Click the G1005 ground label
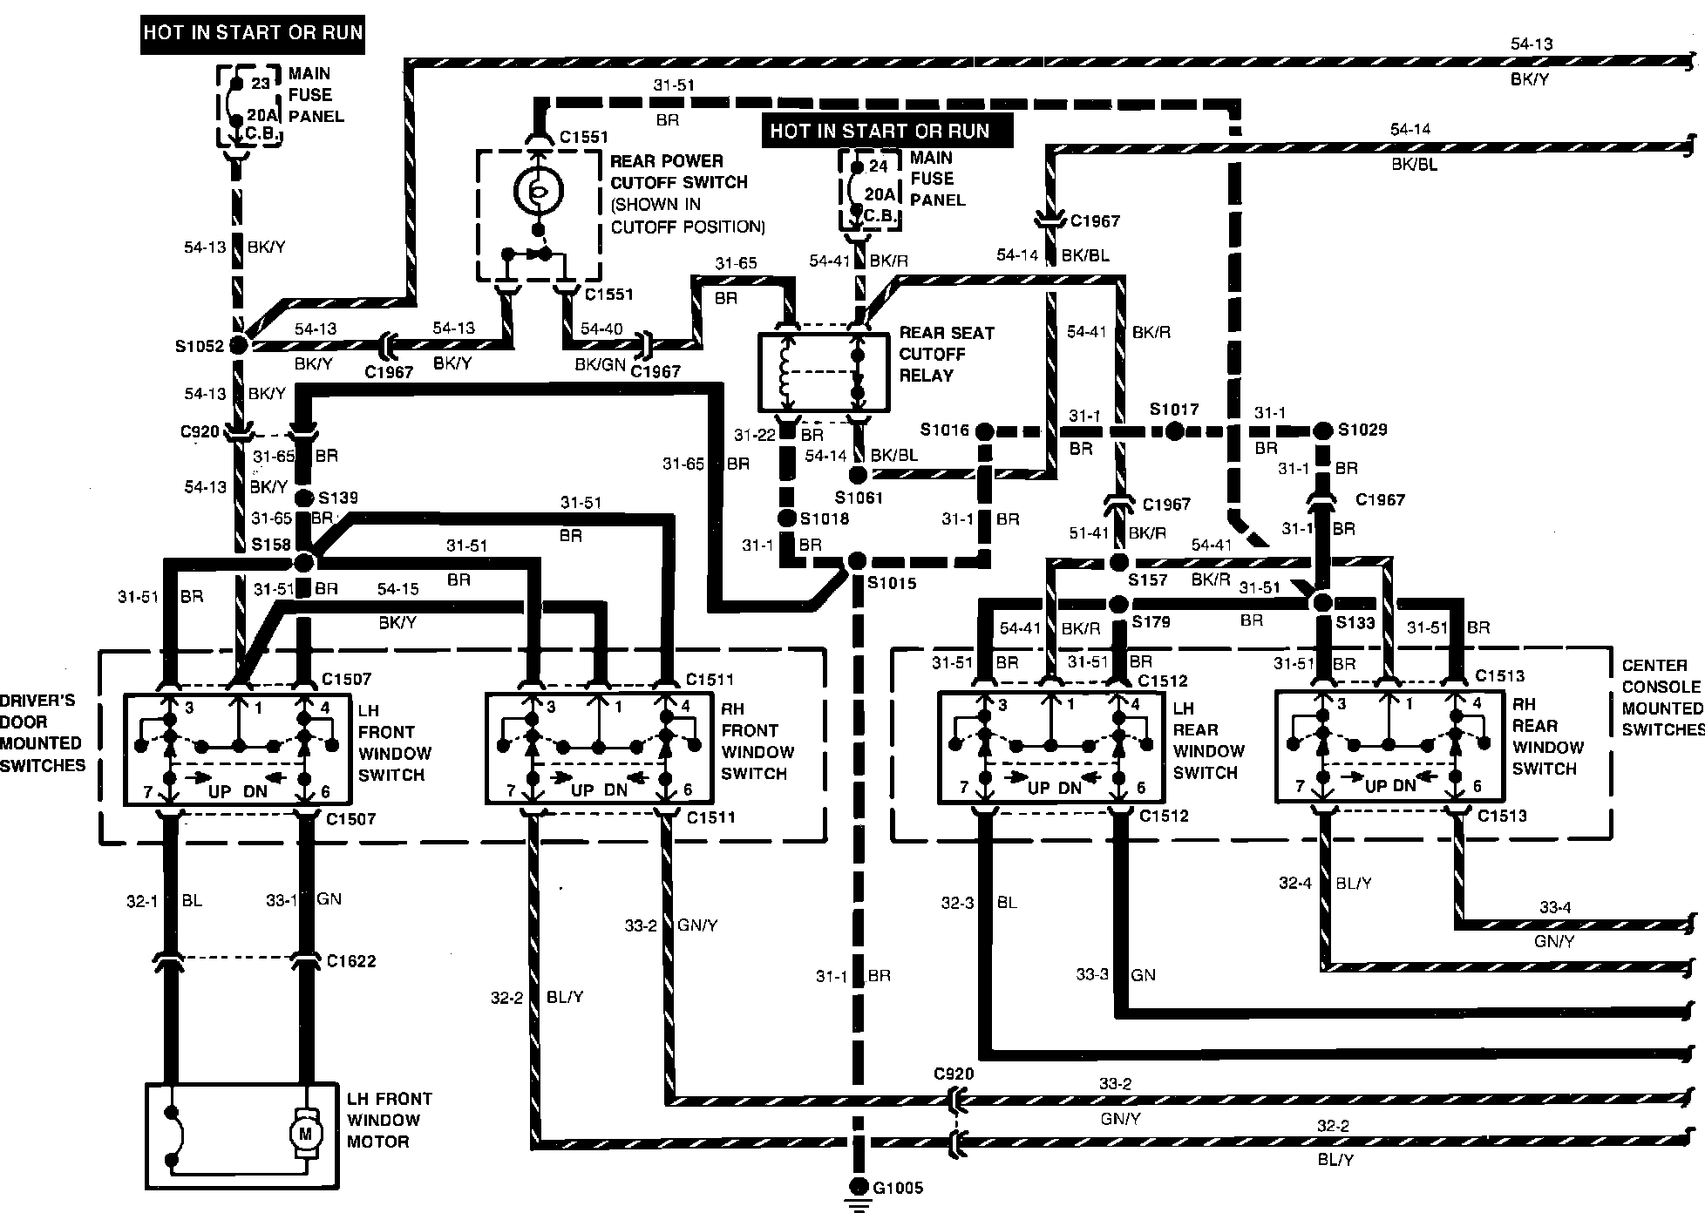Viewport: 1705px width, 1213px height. click(898, 1187)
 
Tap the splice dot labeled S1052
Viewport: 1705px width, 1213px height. click(237, 345)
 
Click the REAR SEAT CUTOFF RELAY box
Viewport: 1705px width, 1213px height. click(824, 371)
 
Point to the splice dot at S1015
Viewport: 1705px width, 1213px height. click(857, 560)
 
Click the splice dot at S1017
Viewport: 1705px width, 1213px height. click(1174, 430)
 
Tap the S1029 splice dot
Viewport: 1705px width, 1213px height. click(1322, 430)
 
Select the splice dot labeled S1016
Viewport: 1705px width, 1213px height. click(985, 430)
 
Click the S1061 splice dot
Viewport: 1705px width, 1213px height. click(858, 475)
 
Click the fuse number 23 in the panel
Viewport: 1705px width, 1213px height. click(261, 84)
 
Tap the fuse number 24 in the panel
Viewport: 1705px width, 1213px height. click(879, 166)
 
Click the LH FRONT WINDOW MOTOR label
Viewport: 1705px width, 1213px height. click(389, 1120)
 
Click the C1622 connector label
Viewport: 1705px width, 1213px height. click(350, 961)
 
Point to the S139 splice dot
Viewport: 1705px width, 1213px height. click(304, 498)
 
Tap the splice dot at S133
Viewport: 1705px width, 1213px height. click(1322, 602)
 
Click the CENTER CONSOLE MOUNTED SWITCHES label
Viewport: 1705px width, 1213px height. click(1661, 697)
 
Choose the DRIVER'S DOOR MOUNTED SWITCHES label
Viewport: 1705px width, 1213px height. click(42, 733)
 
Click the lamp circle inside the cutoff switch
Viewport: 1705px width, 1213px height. click(538, 191)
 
